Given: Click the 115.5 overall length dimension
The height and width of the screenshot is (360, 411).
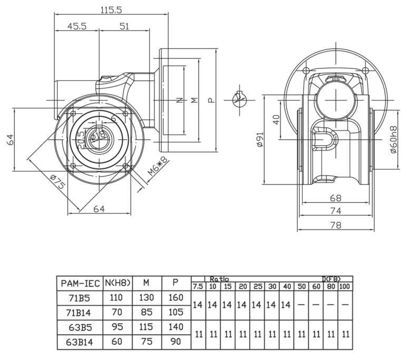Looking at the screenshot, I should tap(111, 9).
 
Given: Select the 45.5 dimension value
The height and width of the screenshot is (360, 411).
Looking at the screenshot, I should tap(77, 26).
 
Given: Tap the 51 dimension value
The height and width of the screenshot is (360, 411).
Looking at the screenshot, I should tap(124, 26).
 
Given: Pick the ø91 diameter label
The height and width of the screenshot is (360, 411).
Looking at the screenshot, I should tap(259, 140).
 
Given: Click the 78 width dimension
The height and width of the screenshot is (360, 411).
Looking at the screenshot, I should tap(335, 225).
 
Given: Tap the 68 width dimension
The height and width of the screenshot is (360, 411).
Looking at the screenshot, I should tap(335, 198).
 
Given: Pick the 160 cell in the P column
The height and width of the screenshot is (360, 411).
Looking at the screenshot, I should tap(175, 297).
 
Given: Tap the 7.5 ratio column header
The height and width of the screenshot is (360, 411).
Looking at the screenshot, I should tap(197, 286).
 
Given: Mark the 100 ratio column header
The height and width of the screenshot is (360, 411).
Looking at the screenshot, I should tap(345, 286).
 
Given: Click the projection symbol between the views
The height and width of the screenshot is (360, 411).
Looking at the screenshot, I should tap(240, 99).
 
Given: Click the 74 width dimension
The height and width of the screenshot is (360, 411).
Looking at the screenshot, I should tap(335, 211).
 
